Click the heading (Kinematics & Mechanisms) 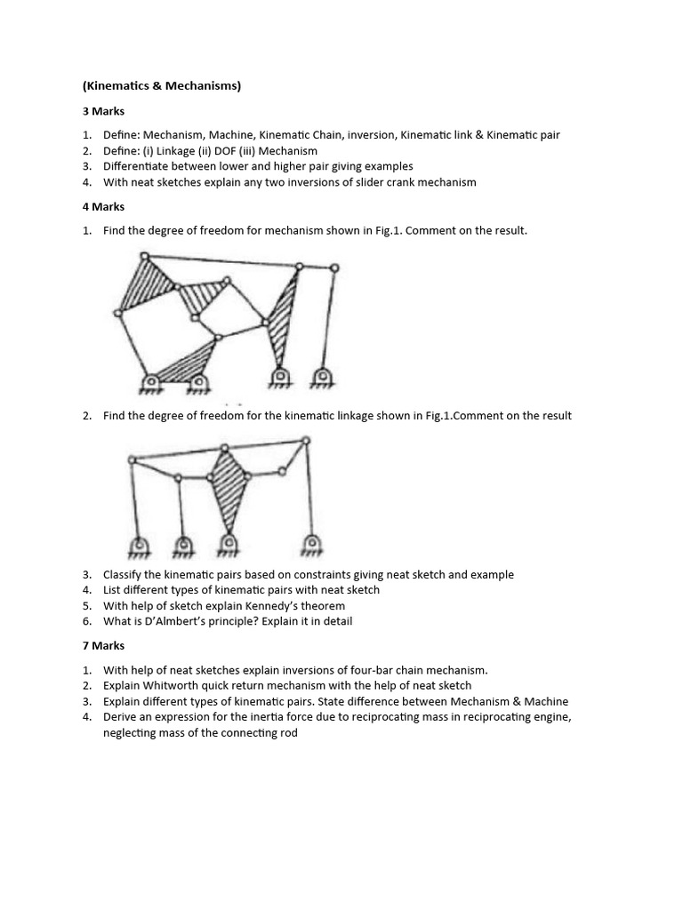pos(161,86)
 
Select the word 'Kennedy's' pos(266,606)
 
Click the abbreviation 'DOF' pos(232,151)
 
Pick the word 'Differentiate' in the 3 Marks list pos(138,166)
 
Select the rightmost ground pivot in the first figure pos(321,377)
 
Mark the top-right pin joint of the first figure pos(334,267)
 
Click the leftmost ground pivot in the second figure pos(140,544)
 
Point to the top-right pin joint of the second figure pos(306,440)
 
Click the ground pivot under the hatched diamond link pos(229,542)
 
